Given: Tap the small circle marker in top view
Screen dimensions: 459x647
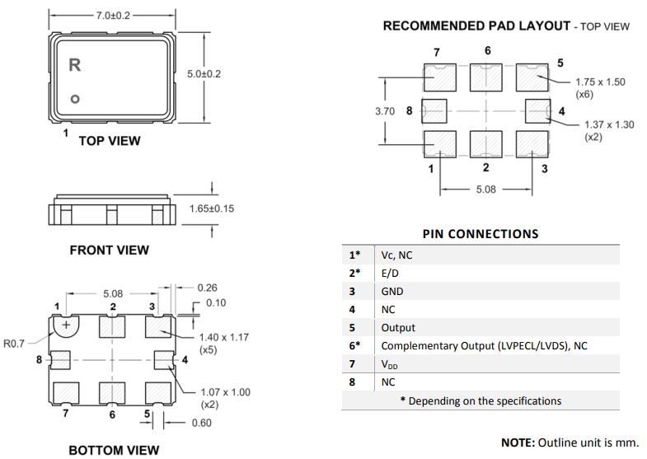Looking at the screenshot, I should [74, 100].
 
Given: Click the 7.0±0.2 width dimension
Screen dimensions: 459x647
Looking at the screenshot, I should [113, 16].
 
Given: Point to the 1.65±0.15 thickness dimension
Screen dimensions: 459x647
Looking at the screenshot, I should [212, 208].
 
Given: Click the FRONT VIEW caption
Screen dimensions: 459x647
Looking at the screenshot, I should [109, 250].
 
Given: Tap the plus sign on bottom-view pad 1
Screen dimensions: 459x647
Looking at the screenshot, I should [66, 325].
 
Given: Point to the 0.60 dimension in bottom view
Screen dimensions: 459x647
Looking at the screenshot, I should [200, 423].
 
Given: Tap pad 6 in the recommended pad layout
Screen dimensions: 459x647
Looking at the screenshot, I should [486, 77].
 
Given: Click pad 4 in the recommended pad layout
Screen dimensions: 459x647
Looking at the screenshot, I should [537, 110].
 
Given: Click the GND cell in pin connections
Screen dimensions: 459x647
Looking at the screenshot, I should [392, 291].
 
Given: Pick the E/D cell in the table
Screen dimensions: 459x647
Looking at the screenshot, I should [389, 273].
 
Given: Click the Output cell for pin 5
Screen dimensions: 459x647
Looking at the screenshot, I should [398, 327].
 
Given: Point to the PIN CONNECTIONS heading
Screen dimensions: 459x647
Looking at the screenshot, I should [480, 233].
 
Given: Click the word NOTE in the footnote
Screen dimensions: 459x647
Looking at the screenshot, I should [518, 443].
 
